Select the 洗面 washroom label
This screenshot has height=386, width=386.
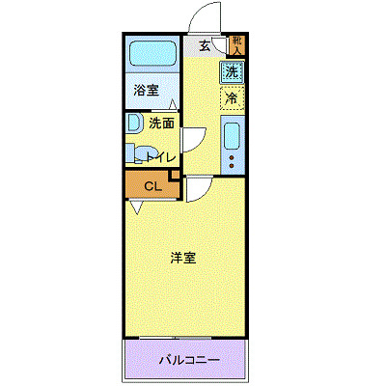(161, 123)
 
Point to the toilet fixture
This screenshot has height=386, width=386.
(138, 153)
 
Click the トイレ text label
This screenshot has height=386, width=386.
(160, 156)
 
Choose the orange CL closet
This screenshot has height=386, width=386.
(151, 186)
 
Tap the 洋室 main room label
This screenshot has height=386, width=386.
(183, 258)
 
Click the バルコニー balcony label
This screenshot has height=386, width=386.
(189, 361)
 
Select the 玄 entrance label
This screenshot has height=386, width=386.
(205, 45)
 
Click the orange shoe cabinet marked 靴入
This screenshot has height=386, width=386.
(237, 44)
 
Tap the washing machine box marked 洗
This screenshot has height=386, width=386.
(232, 71)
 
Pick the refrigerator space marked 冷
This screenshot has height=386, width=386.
(232, 97)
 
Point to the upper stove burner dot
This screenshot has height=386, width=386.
(231, 153)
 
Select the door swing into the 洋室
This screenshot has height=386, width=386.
(198, 190)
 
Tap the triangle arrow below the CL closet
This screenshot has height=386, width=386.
(137, 207)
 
